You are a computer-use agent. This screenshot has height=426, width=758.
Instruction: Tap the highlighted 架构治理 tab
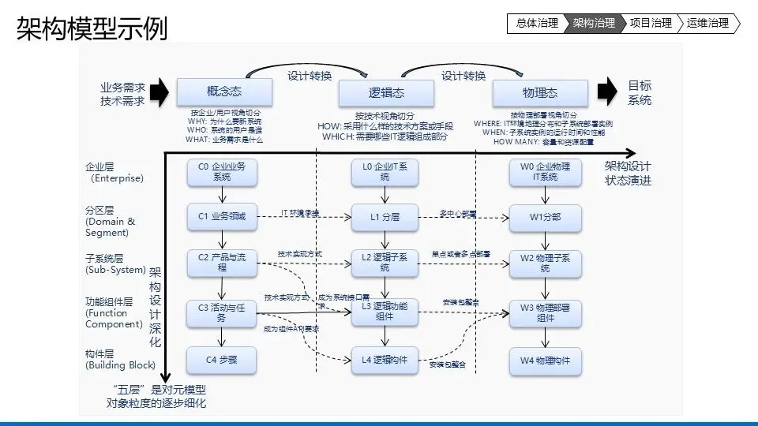[594, 23]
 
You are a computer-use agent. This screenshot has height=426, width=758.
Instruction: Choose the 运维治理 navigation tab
[707, 23]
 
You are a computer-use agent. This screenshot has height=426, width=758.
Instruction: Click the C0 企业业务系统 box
[222, 172]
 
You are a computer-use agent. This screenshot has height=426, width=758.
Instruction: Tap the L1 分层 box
[385, 216]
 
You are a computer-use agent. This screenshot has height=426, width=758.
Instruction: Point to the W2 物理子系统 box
[546, 263]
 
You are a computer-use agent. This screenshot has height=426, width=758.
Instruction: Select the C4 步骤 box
[222, 360]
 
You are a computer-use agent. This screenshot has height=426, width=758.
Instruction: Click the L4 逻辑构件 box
[385, 360]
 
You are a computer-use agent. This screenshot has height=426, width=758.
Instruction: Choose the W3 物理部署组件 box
[546, 312]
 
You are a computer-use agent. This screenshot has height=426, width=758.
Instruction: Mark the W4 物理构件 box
[546, 360]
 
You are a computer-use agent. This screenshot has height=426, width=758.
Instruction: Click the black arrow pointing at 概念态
[159, 92]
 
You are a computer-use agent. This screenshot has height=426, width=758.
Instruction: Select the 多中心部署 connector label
[458, 213]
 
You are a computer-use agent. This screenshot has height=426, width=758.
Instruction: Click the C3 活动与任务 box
[222, 312]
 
